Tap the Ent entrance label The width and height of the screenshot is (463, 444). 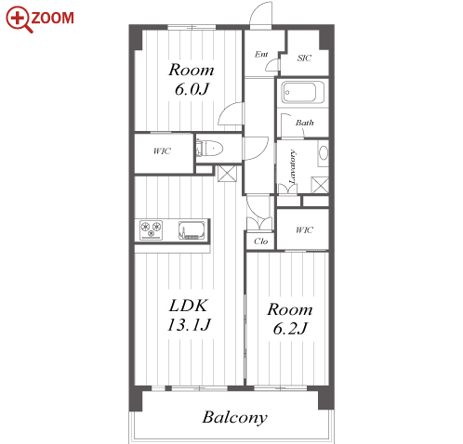pos(261,54)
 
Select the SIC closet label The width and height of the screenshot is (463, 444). pos(304,58)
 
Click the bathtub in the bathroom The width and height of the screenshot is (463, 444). pos(303,92)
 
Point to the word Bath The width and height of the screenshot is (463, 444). pos(304,123)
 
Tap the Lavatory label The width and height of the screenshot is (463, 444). pos(292,167)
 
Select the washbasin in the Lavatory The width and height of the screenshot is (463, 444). pos(324,153)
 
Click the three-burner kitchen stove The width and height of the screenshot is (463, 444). pos(151,229)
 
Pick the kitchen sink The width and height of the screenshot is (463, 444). pos(192,230)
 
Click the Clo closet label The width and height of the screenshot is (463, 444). pos(260,242)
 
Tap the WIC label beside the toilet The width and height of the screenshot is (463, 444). pos(162,151)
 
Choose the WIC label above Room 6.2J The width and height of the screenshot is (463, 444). pos(304,230)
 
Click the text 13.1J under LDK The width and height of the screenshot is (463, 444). pos(189,325)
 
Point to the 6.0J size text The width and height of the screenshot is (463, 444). pos(192,89)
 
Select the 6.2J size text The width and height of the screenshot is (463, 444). pos(290,329)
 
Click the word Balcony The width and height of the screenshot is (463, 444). pos(235,417)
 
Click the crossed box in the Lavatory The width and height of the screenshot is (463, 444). pos(320,185)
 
